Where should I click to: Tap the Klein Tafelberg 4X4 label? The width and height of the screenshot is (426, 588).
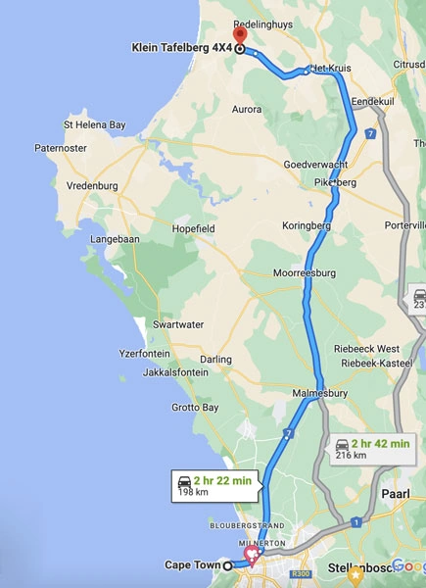coord(182,47)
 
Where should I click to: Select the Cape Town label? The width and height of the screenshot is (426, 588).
coord(191,565)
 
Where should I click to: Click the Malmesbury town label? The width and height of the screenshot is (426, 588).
coord(320,394)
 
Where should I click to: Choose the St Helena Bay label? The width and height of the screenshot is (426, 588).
coord(94,125)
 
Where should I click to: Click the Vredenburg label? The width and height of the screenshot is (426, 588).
coord(92,185)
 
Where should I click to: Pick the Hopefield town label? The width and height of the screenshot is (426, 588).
coord(193,228)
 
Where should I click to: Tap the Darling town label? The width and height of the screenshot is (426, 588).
coord(215,360)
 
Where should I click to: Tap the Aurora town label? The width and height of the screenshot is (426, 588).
coord(246,109)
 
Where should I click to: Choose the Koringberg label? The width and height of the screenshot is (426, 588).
coord(307,225)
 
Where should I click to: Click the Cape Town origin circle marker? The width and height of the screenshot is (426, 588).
coord(228,565)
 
